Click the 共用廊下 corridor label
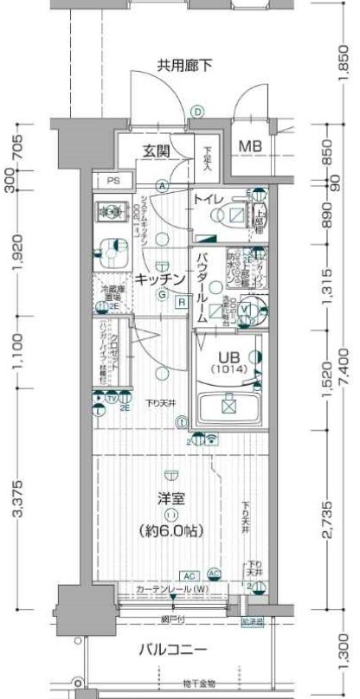point(184,65)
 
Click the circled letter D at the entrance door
point(197,111)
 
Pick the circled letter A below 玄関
point(162,186)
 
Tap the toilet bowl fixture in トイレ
point(236,215)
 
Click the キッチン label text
point(159,279)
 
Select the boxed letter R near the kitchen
point(182,302)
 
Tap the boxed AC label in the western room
point(189,574)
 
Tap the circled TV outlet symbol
point(112,397)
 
